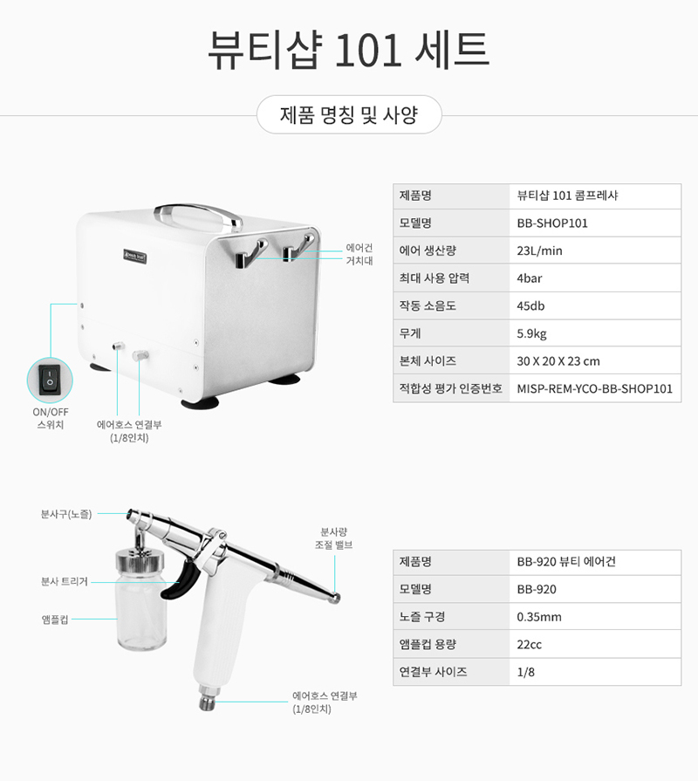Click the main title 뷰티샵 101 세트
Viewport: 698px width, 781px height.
(348, 51)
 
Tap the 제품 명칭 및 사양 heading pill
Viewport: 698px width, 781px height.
(349, 114)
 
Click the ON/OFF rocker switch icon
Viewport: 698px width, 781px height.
(50, 380)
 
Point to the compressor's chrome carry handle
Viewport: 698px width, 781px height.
(198, 216)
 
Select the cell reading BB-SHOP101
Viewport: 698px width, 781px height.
(552, 223)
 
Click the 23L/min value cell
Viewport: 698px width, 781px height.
(539, 250)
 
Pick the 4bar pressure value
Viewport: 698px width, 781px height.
(530, 278)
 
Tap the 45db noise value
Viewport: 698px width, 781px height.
(530, 305)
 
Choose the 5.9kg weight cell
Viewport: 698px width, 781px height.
(531, 333)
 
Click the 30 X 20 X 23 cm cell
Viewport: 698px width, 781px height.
(558, 361)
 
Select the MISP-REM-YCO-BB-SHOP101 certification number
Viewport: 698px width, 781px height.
(594, 388)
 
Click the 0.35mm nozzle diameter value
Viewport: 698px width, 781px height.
(538, 617)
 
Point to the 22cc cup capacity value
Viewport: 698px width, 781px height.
(529, 645)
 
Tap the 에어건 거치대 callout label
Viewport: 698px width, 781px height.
(359, 254)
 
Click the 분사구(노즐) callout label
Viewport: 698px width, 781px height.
(66, 514)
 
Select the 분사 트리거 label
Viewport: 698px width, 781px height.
(65, 581)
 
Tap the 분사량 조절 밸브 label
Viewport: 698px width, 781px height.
(333, 538)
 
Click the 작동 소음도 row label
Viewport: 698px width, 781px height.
(428, 305)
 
